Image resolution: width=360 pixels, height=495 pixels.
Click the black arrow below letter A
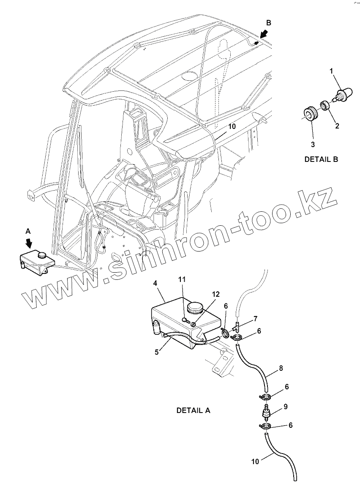coord(29,243)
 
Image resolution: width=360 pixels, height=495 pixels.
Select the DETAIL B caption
coord(321,159)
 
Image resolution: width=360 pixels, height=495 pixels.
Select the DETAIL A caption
coord(193,410)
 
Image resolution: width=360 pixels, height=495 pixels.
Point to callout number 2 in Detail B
coord(337,126)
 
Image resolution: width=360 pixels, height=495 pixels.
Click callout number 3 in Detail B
coord(313,145)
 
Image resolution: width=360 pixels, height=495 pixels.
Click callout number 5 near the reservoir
coord(157,352)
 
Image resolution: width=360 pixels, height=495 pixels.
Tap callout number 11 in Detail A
coord(182,279)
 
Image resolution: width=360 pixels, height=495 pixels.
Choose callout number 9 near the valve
coord(286,407)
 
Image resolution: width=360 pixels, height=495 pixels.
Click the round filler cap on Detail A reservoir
coord(196,308)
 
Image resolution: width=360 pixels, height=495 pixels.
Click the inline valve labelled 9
coord(266,410)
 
